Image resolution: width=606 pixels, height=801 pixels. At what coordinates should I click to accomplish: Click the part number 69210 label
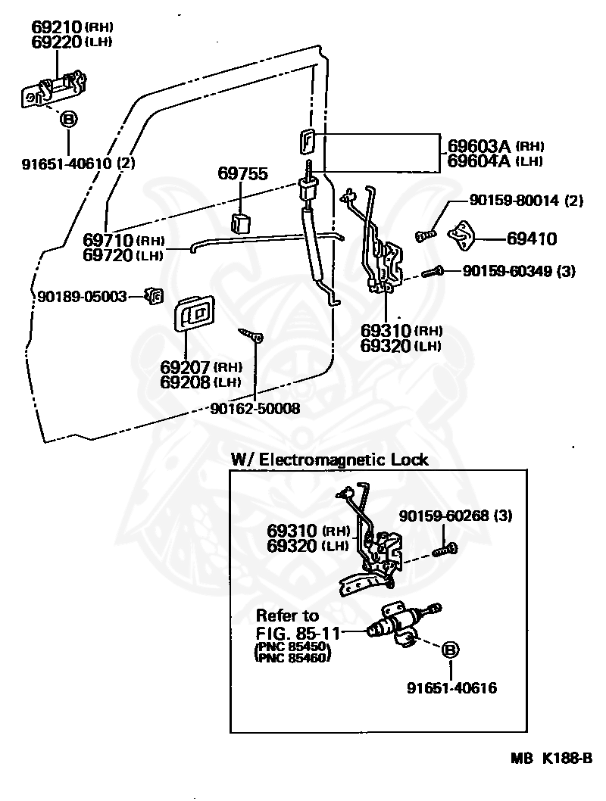click(56, 26)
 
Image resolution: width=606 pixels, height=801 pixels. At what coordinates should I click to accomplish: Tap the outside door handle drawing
click(54, 90)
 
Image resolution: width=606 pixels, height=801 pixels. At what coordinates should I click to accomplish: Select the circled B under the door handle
click(68, 120)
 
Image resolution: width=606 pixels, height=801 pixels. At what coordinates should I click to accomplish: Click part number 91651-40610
click(67, 164)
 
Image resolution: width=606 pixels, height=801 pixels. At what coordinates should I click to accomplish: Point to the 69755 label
click(242, 173)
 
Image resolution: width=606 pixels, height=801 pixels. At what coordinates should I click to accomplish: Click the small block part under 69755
click(241, 223)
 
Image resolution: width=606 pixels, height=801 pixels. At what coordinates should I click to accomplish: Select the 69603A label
click(479, 146)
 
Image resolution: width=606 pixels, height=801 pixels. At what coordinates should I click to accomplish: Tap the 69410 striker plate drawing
click(461, 236)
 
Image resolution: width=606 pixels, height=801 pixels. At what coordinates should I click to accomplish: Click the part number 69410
click(532, 238)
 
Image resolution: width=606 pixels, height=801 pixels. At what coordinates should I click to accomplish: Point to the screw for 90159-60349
click(433, 272)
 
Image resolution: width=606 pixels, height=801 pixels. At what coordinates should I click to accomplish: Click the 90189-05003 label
click(82, 296)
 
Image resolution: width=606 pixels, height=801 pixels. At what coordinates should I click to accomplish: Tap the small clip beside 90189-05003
click(154, 295)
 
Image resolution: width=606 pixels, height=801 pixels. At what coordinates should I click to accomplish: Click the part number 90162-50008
click(255, 409)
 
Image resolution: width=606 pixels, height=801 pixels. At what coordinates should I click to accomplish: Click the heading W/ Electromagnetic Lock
click(330, 460)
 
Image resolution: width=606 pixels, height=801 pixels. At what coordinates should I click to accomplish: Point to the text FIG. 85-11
click(298, 634)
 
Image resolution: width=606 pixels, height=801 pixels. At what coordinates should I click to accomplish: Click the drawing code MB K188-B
click(551, 758)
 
